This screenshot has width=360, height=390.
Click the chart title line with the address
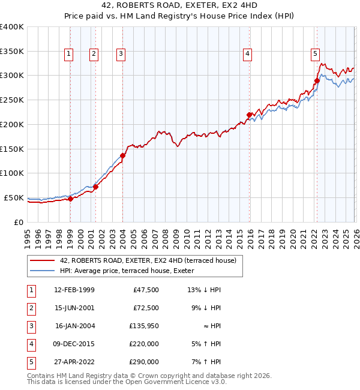(180, 5)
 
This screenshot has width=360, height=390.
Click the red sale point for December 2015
(249, 114)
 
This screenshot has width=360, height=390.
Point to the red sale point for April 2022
(317, 80)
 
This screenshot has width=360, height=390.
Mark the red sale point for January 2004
(122, 155)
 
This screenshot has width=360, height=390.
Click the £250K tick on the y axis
(12, 100)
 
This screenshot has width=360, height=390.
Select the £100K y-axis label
(12, 173)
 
